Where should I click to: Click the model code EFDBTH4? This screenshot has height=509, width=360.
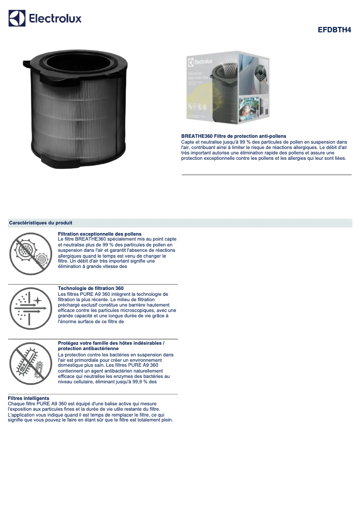pyautogui.click(x=334, y=30)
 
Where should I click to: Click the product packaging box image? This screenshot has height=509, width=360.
pyautogui.click(x=228, y=88)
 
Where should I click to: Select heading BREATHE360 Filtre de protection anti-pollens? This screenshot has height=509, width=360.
pyautogui.click(x=233, y=136)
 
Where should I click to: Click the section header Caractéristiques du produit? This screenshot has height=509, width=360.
pyautogui.click(x=41, y=223)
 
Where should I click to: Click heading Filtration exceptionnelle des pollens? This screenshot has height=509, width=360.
pyautogui.click(x=100, y=234)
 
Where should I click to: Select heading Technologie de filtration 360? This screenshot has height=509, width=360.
pyautogui.click(x=91, y=288)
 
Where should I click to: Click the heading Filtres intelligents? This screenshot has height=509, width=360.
pyautogui.click(x=29, y=399)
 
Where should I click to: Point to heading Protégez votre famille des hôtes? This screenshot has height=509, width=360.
pyautogui.click(x=111, y=343)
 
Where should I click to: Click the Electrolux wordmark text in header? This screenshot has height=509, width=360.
pyautogui.click(x=55, y=18)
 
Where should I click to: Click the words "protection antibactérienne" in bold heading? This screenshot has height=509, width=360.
pyautogui.click(x=88, y=348)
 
